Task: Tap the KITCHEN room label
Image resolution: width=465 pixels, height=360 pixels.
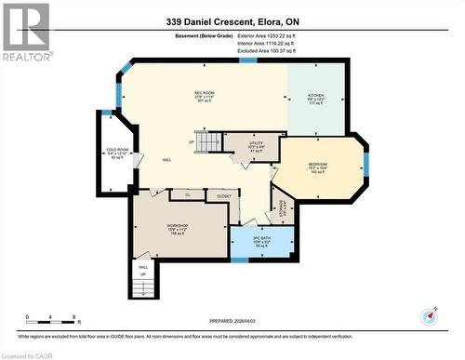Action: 316,94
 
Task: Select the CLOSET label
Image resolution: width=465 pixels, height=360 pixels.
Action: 224,196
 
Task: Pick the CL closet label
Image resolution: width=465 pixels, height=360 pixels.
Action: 187,196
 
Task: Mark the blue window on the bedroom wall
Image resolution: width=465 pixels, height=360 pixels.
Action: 365,164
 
